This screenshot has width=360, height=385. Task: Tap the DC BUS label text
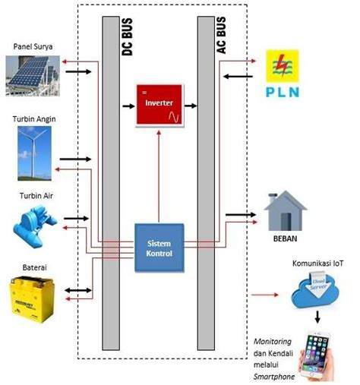pos(128,39)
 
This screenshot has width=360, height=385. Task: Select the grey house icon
pos(286,210)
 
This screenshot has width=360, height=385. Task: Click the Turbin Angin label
pos(34,119)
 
